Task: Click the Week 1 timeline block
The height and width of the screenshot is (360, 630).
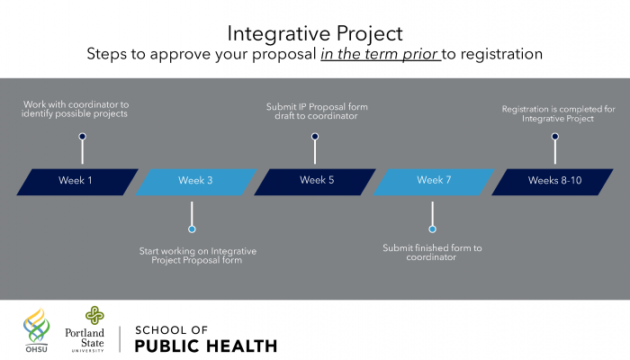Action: [x=77, y=182]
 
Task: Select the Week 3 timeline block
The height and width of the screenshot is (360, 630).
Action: [x=196, y=182]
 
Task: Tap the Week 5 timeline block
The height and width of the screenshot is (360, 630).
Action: [x=315, y=182]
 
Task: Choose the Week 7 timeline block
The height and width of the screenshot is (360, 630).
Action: [x=434, y=182]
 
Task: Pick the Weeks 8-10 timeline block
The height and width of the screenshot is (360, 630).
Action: [x=553, y=182]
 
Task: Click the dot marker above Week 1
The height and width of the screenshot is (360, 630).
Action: [x=83, y=137]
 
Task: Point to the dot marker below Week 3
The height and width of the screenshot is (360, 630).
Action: [x=192, y=229]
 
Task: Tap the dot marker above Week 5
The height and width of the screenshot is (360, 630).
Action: [x=315, y=137]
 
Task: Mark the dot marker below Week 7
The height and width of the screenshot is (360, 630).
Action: [x=432, y=229]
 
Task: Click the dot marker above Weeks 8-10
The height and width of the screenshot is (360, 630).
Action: [x=555, y=137]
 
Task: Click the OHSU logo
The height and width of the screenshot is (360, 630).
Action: [x=37, y=330]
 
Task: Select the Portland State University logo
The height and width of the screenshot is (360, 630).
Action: [x=85, y=329]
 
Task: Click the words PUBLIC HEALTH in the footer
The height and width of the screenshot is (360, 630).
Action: [x=206, y=346]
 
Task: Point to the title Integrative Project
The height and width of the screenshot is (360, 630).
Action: [x=315, y=33]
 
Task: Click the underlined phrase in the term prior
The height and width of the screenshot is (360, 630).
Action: [x=381, y=54]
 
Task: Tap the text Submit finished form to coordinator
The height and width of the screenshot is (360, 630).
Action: [x=432, y=252]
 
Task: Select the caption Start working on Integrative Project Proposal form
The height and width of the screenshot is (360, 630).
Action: [x=197, y=256]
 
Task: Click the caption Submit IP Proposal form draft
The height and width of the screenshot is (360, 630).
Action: [x=317, y=112]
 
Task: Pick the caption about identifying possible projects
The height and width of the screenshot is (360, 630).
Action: [x=75, y=109]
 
